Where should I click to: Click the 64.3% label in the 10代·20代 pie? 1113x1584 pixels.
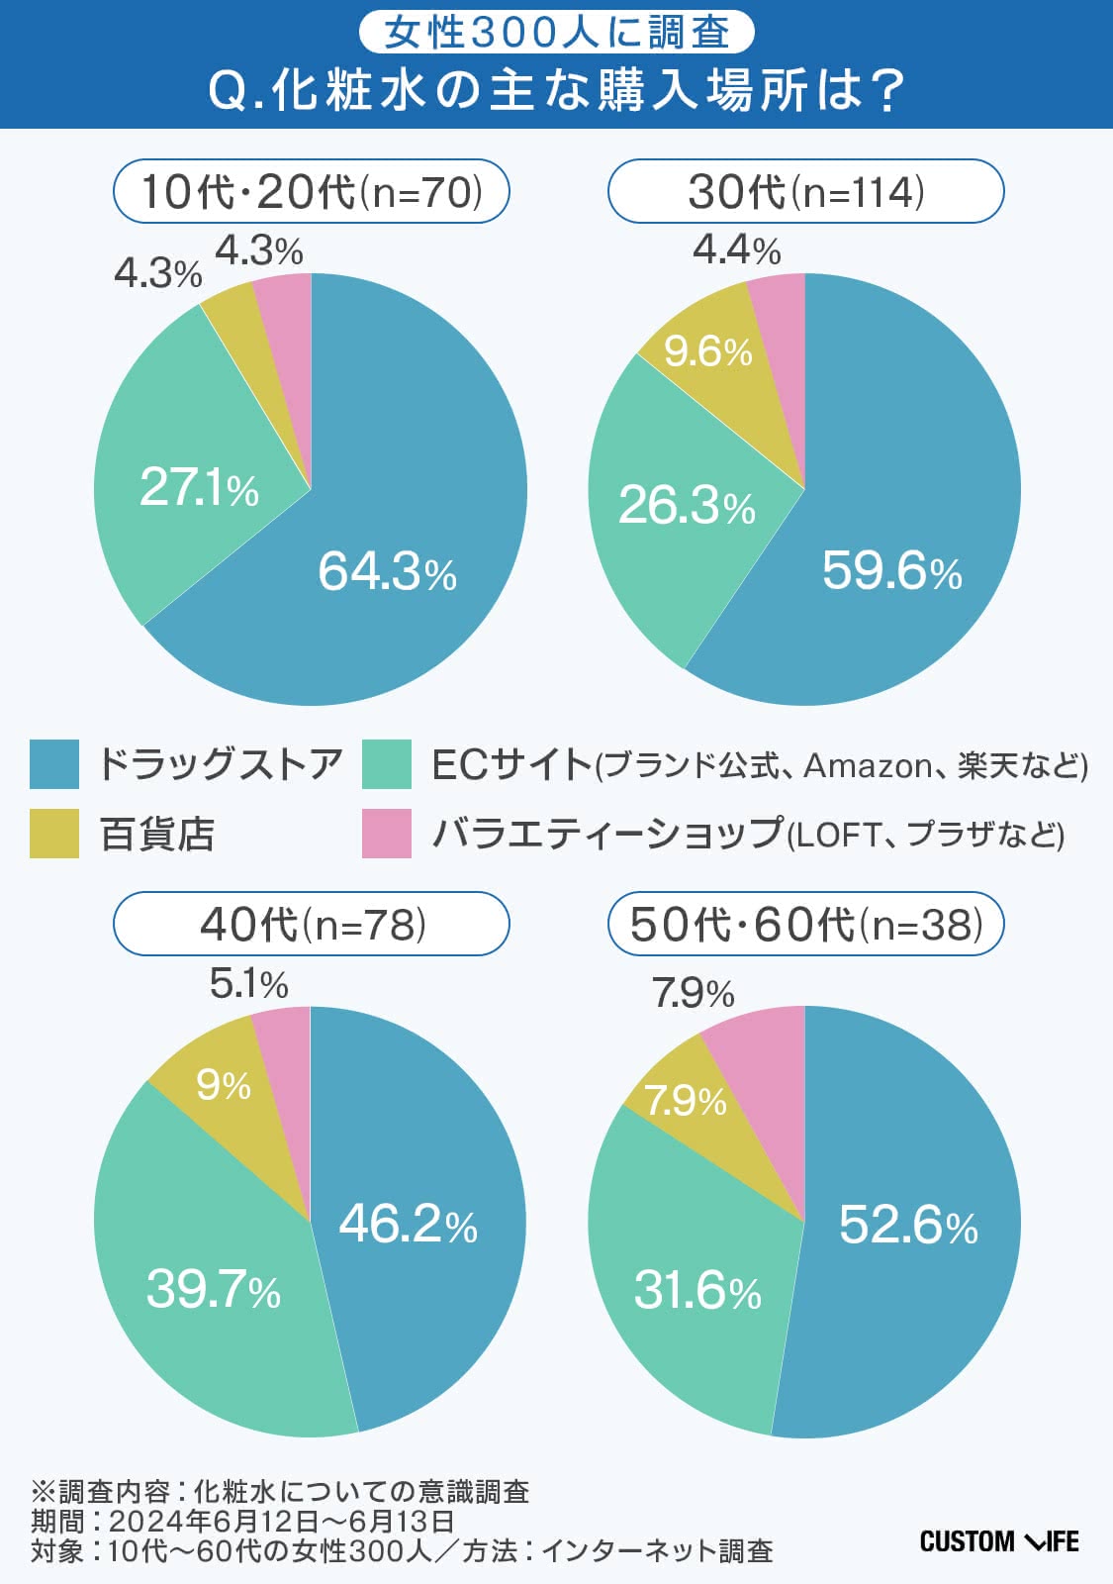click(387, 571)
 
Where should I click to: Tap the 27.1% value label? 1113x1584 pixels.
click(199, 487)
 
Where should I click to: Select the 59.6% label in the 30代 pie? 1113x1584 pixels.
click(891, 571)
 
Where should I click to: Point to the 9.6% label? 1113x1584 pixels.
click(707, 351)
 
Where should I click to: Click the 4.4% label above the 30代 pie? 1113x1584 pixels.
click(736, 249)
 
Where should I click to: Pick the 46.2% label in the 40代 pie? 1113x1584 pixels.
click(408, 1224)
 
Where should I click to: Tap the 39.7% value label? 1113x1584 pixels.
click(214, 1289)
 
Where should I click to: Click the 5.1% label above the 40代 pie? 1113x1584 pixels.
click(248, 984)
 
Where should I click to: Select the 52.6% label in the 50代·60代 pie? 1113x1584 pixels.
click(908, 1226)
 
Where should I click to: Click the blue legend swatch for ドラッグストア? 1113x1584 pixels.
click(54, 764)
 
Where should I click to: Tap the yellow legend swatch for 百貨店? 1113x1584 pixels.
click(54, 834)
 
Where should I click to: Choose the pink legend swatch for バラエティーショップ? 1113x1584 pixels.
click(387, 834)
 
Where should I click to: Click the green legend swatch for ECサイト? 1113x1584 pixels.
click(387, 764)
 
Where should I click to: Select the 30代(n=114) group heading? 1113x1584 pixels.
click(805, 191)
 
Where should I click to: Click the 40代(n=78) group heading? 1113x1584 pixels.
click(312, 925)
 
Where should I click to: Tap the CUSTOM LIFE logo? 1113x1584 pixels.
click(998, 1541)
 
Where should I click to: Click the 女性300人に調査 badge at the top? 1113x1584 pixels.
click(556, 33)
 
